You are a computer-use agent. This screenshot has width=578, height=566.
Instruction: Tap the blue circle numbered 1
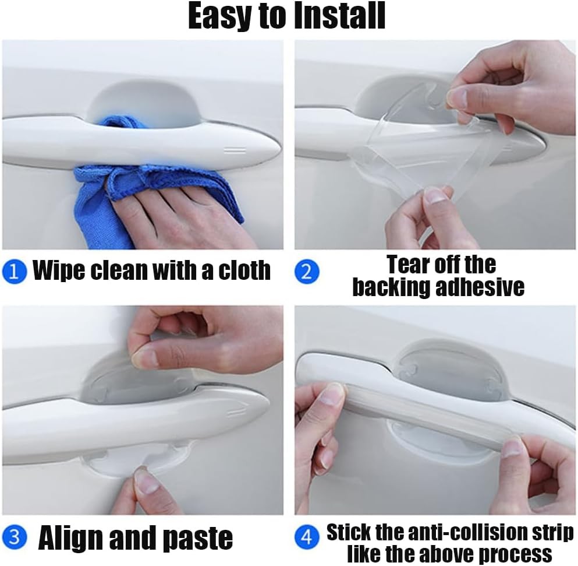tap(15, 272)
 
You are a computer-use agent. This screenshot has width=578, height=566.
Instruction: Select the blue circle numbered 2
tap(307, 272)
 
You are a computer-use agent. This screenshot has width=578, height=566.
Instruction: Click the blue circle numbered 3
tap(15, 537)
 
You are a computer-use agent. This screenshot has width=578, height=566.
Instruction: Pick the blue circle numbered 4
tap(307, 537)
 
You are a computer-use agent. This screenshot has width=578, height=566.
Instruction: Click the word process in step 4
tap(518, 554)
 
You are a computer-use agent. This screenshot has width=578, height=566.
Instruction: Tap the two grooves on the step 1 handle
tap(235, 150)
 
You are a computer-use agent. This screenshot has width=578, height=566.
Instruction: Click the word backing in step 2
tap(392, 287)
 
